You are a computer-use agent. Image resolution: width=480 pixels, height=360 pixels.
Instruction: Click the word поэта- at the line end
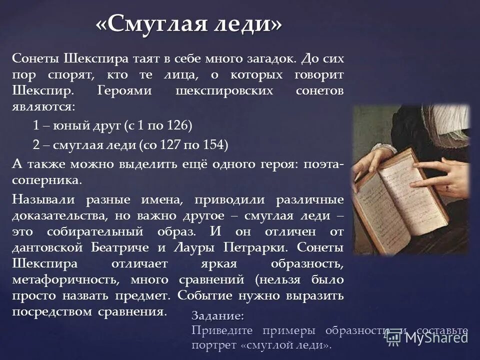point(324,165)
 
